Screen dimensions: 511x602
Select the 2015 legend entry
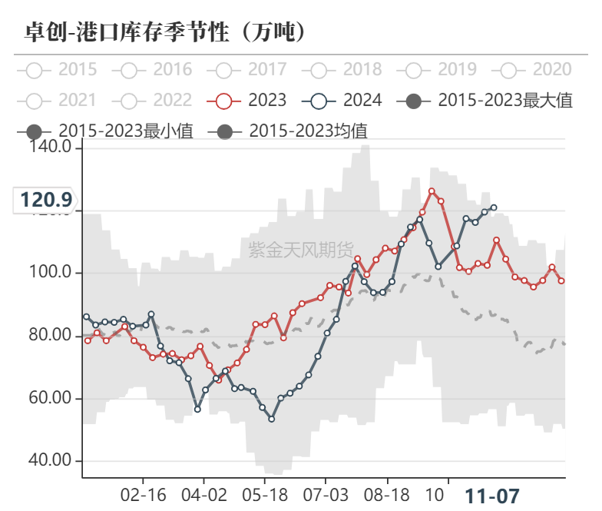click(x=59, y=70)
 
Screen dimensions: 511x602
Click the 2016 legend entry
click(x=154, y=70)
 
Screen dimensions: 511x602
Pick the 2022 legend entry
click(x=154, y=100)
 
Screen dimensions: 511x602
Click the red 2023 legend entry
click(x=249, y=100)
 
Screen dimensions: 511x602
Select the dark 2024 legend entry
click(x=344, y=100)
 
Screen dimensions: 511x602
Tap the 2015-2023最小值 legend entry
click(x=107, y=131)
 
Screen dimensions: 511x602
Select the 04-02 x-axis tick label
click(x=203, y=495)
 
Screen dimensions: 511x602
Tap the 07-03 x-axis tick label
click(x=326, y=495)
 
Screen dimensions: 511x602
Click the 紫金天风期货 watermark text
click(x=301, y=249)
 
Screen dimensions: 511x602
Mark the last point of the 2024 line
click(x=493, y=207)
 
